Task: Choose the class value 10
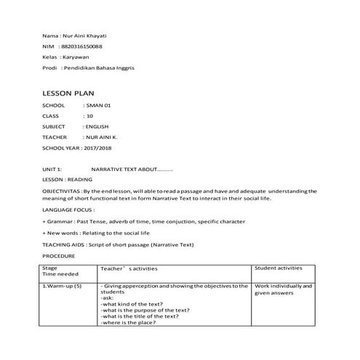pos(89,116)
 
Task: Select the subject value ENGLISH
pos(97,127)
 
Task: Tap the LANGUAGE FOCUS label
pos(68,209)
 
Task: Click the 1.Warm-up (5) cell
pos(63,287)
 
